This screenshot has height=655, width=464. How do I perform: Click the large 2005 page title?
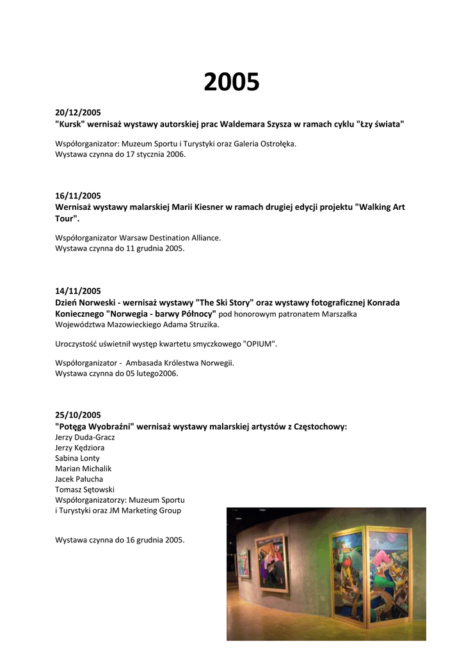click(232, 83)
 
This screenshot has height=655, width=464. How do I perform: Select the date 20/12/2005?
click(78, 112)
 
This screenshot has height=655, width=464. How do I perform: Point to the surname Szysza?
click(275, 123)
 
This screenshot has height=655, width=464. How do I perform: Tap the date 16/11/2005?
click(78, 196)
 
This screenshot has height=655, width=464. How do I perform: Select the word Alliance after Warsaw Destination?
click(204, 237)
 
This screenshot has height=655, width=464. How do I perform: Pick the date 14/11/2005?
click(78, 291)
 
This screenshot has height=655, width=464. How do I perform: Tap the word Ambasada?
click(146, 363)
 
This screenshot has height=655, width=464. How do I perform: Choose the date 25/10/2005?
click(78, 415)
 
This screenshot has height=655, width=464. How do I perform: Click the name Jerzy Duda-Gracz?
click(85, 438)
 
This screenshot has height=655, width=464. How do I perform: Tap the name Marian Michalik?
click(83, 468)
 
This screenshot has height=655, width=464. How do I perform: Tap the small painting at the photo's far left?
click(243, 563)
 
